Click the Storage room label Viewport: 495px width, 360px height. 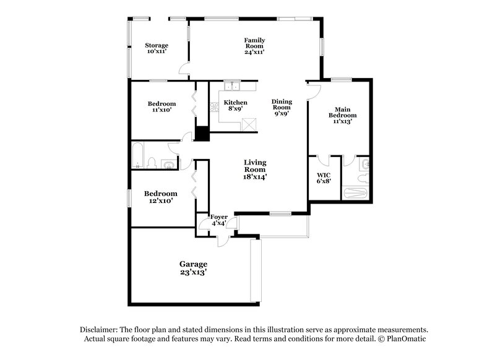[x=157, y=46]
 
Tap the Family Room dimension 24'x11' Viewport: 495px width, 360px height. [x=254, y=53]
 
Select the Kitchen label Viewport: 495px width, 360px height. [x=235, y=103]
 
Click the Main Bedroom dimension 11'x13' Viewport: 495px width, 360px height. [x=342, y=122]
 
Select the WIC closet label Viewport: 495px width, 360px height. [x=324, y=176]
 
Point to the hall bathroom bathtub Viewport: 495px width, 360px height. [x=138, y=155]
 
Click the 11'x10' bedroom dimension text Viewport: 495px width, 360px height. [x=161, y=111]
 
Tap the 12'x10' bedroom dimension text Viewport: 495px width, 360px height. [x=161, y=201]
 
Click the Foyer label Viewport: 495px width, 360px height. [x=219, y=217]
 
